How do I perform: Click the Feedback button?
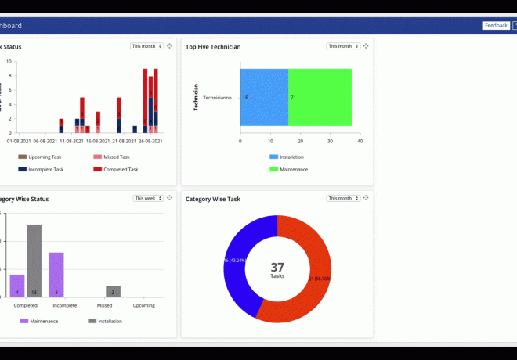(496, 26)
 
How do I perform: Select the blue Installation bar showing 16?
(265, 97)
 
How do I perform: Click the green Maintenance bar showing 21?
(320, 97)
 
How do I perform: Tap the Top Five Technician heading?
(213, 47)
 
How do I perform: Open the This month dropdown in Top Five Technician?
(344, 46)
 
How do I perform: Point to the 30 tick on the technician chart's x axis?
(330, 142)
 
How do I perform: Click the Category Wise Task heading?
(213, 199)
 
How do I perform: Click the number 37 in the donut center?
(277, 267)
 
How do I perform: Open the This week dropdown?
(148, 198)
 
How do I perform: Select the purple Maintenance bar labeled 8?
(56, 275)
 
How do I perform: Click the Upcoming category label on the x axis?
(143, 305)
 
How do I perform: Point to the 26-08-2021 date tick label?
(150, 142)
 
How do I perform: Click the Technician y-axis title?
(196, 97)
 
